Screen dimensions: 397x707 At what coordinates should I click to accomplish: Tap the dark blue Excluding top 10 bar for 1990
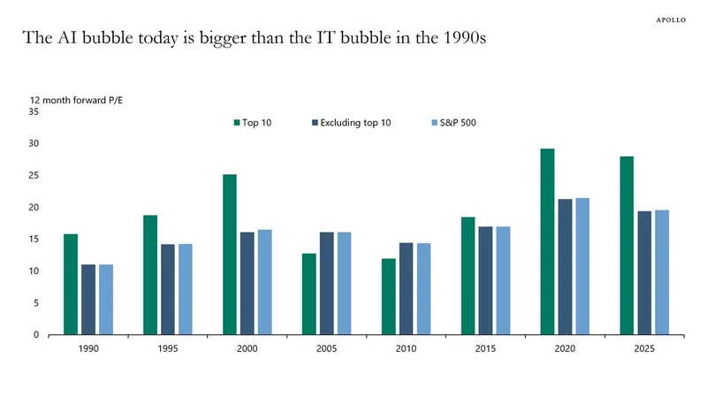88,300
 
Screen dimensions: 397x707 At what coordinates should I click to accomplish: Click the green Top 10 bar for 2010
389,296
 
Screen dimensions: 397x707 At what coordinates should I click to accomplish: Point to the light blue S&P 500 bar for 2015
503,280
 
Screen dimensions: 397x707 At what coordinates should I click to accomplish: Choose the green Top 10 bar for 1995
150,275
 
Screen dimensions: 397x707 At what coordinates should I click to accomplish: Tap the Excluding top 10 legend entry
353,123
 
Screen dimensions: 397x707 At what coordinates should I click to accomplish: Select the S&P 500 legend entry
454,123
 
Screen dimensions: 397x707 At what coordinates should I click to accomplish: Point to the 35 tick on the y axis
34,111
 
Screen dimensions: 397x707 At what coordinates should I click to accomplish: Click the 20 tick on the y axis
34,207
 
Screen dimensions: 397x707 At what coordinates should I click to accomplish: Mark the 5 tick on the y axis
35,302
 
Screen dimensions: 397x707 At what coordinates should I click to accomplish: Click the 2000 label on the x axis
247,349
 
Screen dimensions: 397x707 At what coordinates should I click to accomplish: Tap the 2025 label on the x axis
644,349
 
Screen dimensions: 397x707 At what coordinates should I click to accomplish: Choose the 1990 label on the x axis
88,349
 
